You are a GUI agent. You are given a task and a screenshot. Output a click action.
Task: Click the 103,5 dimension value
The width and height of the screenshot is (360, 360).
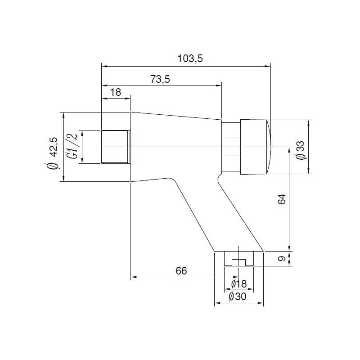(x=190, y=59)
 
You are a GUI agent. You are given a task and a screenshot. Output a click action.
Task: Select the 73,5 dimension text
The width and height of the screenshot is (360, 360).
(x=160, y=79)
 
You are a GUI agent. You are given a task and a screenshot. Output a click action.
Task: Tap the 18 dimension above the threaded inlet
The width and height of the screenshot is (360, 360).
(x=116, y=92)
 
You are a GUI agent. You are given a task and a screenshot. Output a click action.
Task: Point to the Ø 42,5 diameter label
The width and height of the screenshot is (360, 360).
(x=52, y=153)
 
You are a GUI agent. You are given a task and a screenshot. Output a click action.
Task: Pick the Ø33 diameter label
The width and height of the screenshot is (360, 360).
(x=300, y=150)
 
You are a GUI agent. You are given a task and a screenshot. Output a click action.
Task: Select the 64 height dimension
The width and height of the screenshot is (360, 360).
(x=282, y=199)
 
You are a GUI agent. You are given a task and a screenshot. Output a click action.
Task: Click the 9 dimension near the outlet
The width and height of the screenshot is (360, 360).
(x=282, y=258)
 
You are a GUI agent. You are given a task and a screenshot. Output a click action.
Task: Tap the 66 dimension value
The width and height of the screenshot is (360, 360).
(x=181, y=271)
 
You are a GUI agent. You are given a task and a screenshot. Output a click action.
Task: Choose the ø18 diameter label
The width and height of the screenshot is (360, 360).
(x=239, y=284)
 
